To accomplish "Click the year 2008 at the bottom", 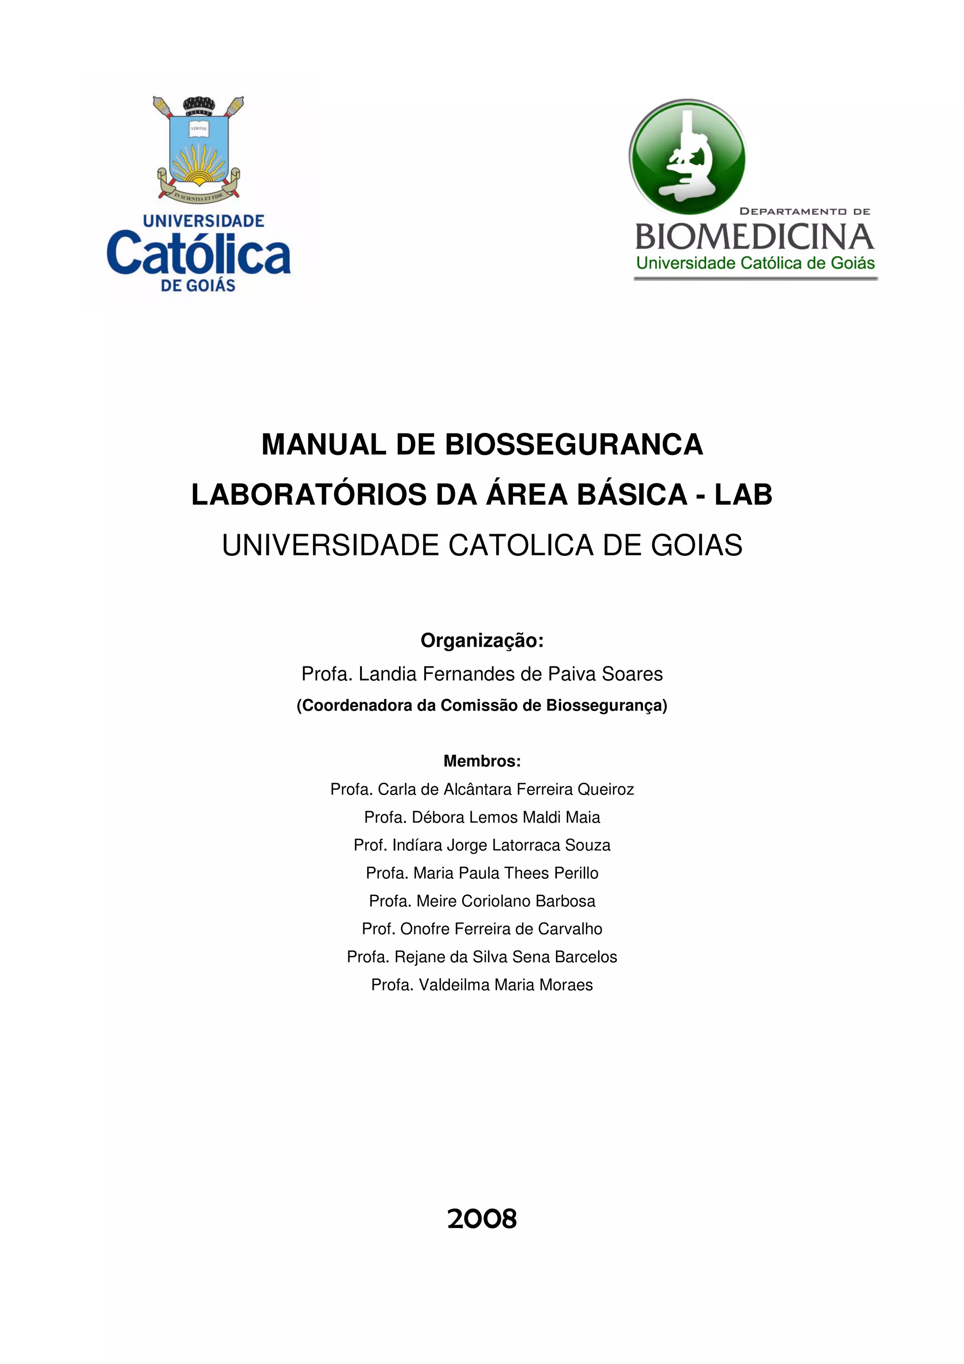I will tap(482, 1219).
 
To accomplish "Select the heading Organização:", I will tap(482, 641).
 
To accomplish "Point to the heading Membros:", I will tap(482, 761).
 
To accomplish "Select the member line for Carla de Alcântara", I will tap(482, 789).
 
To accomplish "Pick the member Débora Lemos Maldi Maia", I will tap(482, 817).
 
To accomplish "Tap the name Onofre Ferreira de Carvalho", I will tap(482, 929).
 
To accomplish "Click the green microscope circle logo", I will tap(687, 157).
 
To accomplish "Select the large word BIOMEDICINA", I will tap(755, 237).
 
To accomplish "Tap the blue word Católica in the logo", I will tap(198, 254).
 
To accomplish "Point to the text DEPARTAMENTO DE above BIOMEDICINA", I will tap(804, 211).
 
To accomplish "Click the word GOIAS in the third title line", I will tap(696, 546).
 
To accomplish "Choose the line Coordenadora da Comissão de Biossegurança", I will tap(482, 705).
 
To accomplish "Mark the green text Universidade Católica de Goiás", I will tap(755, 263).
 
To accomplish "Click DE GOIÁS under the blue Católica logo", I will tap(198, 286).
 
